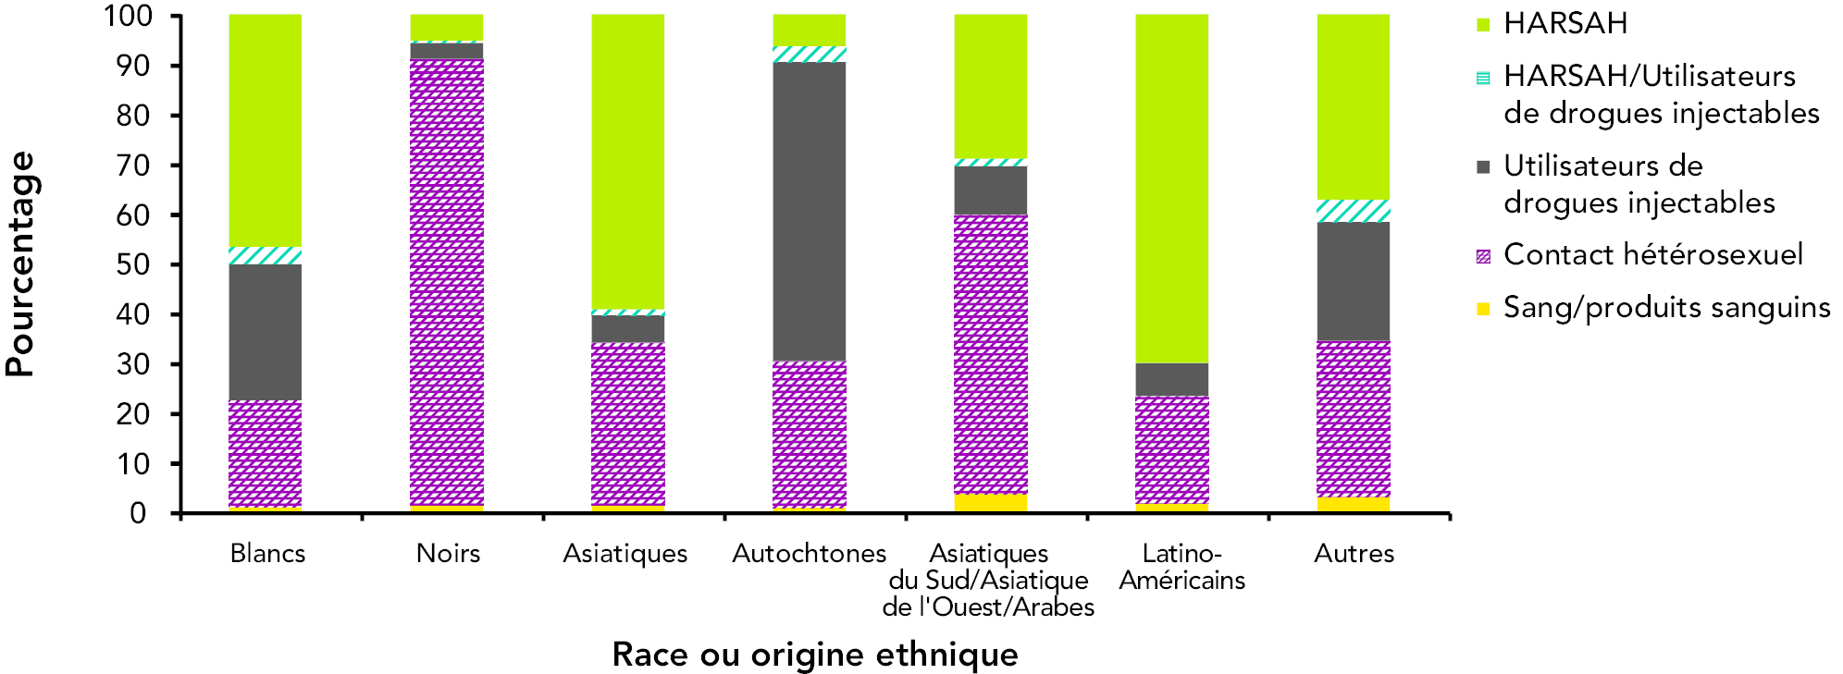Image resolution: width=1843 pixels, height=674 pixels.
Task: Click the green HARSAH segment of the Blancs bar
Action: click(x=266, y=130)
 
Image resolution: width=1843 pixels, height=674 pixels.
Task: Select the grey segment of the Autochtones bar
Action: click(x=810, y=211)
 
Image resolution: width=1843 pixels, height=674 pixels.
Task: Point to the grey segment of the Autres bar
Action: click(x=1354, y=281)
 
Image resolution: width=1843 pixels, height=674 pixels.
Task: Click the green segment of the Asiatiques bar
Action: click(x=628, y=162)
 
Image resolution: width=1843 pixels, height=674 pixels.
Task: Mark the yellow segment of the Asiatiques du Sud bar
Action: click(x=991, y=502)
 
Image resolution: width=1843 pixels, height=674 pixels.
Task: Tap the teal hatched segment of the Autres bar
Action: click(x=1354, y=211)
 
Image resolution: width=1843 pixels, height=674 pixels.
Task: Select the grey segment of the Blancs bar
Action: click(x=266, y=332)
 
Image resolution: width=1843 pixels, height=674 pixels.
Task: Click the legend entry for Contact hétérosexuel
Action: click(x=1652, y=255)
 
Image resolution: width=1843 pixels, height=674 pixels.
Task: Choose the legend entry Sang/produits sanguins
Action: click(x=1666, y=308)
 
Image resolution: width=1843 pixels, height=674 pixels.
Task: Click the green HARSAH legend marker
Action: click(x=1483, y=25)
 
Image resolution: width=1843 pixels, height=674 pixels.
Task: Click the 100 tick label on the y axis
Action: click(x=129, y=17)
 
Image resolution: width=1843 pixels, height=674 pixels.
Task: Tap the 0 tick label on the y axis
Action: click(x=138, y=514)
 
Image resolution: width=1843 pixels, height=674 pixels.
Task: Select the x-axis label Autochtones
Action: click(x=810, y=554)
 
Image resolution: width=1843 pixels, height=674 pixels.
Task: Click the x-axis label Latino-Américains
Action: click(x=1181, y=567)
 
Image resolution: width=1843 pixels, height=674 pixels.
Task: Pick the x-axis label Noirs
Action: click(x=448, y=554)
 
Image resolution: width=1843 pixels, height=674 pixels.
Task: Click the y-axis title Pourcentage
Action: click(x=20, y=264)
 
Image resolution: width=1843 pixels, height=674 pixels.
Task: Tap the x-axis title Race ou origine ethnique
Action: click(x=815, y=655)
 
